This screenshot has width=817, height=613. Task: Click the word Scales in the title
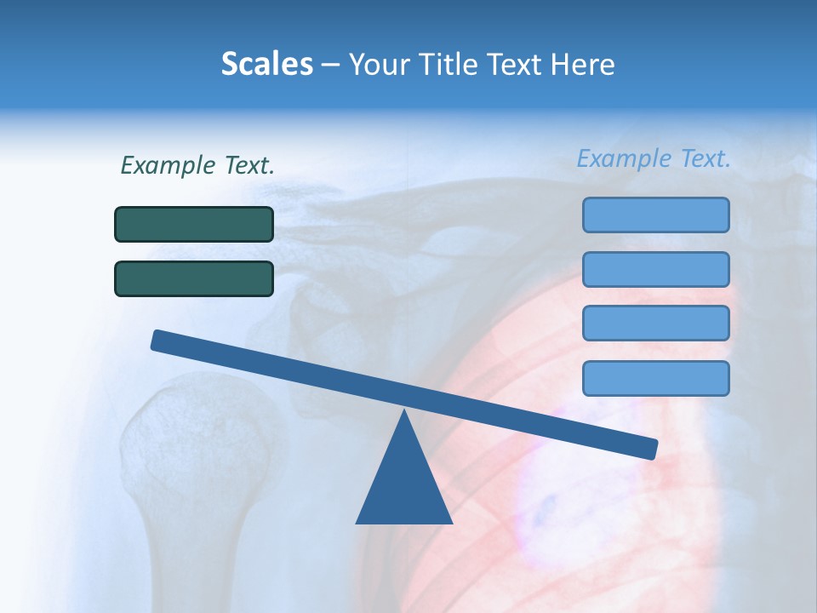(266, 64)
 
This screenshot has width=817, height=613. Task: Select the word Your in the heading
(377, 64)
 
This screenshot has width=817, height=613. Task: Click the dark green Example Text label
(197, 165)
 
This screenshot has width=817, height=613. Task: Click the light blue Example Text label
(654, 158)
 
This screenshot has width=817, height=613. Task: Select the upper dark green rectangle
(194, 224)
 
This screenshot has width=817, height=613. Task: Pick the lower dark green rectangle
(194, 278)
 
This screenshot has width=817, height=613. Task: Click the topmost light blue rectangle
(655, 215)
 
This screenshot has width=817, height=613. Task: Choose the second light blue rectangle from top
(655, 269)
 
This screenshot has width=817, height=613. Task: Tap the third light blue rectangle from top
(655, 324)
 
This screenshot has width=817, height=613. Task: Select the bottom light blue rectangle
(655, 378)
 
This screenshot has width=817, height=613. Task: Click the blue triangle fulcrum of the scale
(404, 485)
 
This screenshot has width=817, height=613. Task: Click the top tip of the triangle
(404, 414)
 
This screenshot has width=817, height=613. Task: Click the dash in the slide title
(331, 65)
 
